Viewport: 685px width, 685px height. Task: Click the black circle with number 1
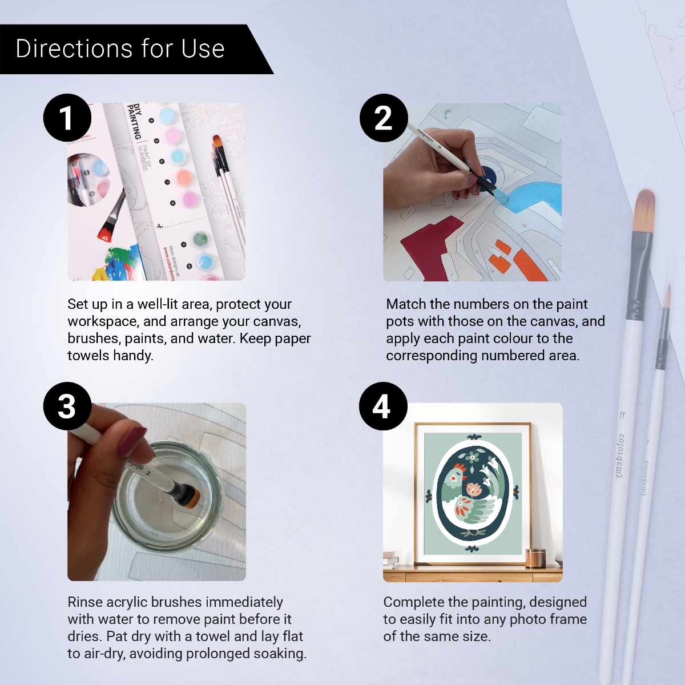(67, 118)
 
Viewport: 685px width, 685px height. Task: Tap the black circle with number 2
(383, 118)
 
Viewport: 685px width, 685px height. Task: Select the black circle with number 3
(67, 406)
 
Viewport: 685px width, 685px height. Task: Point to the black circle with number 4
(382, 406)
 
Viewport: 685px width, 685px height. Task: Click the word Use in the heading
(203, 49)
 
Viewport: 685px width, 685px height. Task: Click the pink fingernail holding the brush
(132, 441)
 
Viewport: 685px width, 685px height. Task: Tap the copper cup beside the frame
(535, 558)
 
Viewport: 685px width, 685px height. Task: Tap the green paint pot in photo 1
(200, 239)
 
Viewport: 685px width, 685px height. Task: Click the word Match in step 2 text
(406, 304)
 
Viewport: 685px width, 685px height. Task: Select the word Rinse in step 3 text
(85, 602)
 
